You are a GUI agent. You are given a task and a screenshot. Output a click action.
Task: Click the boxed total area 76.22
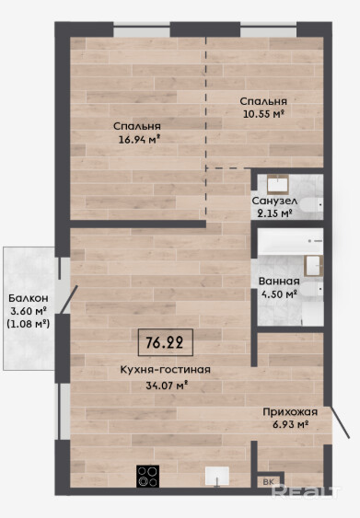(166, 342)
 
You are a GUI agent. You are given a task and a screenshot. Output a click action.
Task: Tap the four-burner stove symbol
(147, 476)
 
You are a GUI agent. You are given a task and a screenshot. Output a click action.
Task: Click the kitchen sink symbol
(217, 477)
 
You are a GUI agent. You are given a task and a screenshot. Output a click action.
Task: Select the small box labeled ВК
(269, 482)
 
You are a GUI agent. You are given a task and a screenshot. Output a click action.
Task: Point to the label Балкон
(29, 298)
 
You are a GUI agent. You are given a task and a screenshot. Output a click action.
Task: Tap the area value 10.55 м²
(264, 114)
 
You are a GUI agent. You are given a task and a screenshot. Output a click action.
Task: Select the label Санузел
(274, 201)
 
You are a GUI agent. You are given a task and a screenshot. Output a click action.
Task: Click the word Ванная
(279, 282)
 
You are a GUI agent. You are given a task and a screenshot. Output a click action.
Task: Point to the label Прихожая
(290, 412)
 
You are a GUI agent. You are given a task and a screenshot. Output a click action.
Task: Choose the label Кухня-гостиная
(166, 370)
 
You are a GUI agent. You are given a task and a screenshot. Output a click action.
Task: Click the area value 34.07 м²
(168, 385)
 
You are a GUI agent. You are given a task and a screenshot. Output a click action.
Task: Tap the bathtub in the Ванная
(290, 241)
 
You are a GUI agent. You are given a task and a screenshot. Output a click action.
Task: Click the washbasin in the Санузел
(278, 184)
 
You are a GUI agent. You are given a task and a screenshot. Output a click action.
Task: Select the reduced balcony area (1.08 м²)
(29, 324)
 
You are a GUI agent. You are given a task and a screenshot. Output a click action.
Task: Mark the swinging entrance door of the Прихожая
(340, 422)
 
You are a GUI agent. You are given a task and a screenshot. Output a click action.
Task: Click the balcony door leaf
(69, 299)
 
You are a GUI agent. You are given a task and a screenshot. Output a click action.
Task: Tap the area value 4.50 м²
(279, 294)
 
